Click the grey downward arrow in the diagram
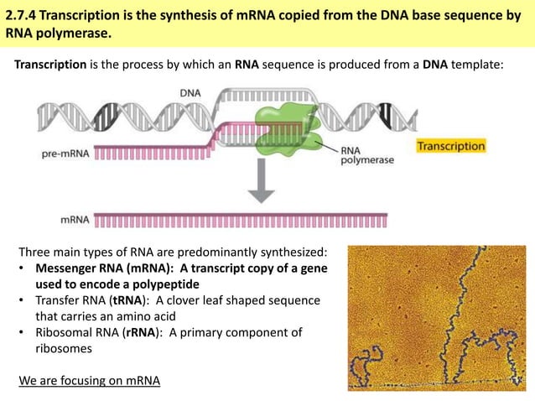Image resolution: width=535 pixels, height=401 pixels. click(262, 184)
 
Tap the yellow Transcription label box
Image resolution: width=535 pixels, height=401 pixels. click(451, 146)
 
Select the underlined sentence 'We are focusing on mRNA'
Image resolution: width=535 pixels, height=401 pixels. click(89, 380)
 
